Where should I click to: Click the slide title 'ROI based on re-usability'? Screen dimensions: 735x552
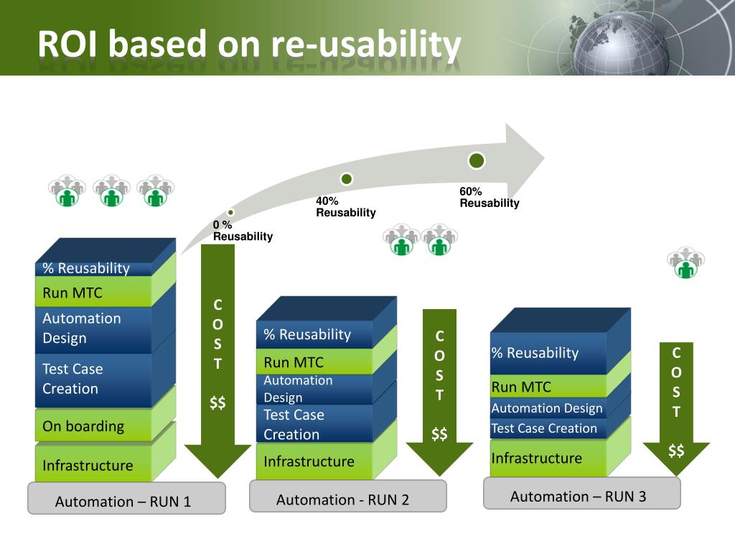(249, 44)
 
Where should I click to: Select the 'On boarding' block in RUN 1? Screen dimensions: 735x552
(93, 425)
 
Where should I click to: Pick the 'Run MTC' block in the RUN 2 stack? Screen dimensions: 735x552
(314, 362)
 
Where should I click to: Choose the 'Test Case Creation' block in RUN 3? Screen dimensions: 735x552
(548, 428)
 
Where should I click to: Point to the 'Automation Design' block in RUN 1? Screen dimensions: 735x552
(93, 328)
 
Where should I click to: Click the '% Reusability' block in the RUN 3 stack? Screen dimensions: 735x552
(548, 353)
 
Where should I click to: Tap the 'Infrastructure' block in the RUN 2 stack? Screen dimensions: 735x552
(314, 461)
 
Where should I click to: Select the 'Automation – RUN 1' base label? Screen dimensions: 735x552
(126, 498)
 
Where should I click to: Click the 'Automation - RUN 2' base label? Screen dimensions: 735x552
(348, 496)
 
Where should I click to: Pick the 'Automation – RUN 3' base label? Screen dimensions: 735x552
(581, 493)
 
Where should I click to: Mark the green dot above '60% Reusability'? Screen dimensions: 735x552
(477, 160)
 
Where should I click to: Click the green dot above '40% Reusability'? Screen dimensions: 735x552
(347, 179)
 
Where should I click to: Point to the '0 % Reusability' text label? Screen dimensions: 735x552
(243, 231)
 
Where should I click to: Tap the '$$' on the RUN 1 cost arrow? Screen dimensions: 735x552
(217, 402)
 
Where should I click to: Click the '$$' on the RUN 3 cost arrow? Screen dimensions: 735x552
(676, 451)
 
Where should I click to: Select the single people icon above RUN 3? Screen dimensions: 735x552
(685, 262)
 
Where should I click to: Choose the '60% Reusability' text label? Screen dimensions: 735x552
(490, 197)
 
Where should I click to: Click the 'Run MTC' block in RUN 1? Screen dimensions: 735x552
(93, 292)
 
